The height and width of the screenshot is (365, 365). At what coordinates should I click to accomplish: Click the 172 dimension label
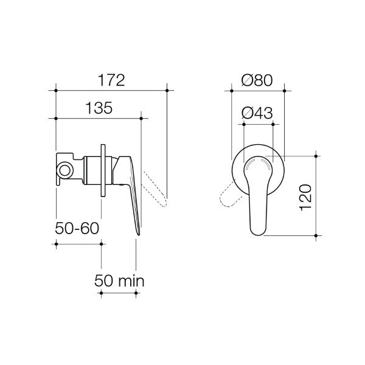tap(110, 80)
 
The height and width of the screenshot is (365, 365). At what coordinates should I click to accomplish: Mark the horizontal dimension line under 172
tap(110, 90)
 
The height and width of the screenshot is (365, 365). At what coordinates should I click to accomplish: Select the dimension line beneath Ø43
tap(257, 123)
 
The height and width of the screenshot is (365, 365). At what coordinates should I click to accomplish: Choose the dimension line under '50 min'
tap(118, 293)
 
